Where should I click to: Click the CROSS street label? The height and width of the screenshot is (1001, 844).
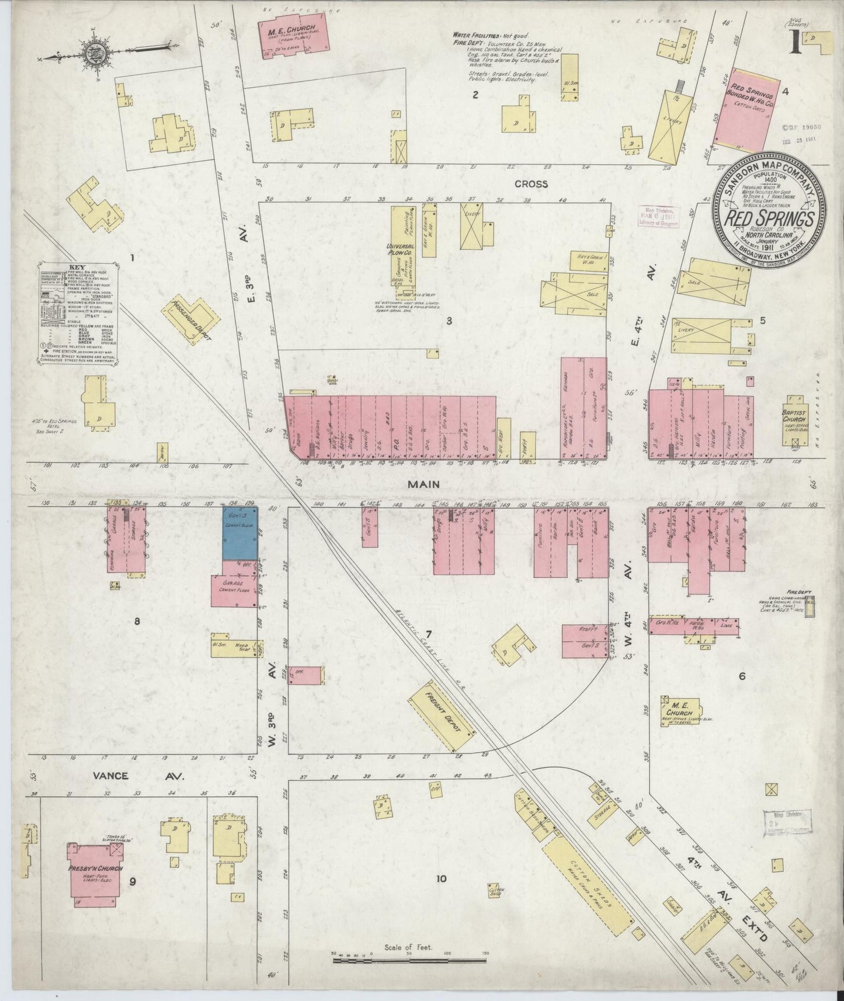(x=531, y=184)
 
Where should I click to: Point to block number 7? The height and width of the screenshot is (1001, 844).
(x=428, y=634)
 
